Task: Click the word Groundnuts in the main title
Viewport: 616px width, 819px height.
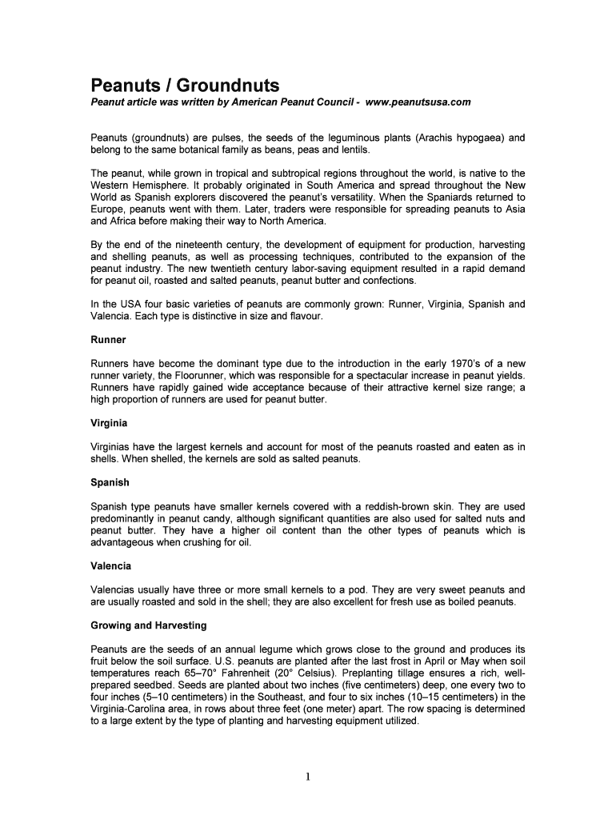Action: (228, 85)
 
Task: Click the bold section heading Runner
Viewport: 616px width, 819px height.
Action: (109, 340)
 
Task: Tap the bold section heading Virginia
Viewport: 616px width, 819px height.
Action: (110, 422)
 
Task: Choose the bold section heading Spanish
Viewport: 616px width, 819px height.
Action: (110, 483)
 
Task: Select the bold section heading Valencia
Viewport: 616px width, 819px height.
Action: (112, 565)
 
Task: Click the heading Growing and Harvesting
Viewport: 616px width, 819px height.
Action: (149, 625)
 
